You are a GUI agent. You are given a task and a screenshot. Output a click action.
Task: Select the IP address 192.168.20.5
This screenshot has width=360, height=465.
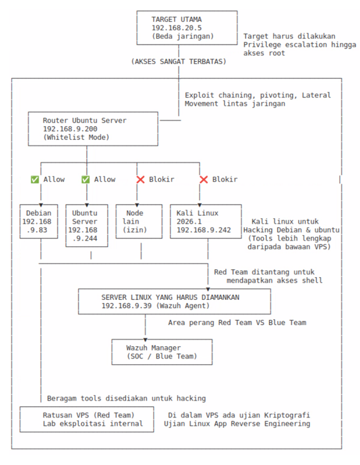coord(177,28)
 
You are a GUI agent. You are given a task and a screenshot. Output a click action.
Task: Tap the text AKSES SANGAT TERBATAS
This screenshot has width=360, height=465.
coord(179,61)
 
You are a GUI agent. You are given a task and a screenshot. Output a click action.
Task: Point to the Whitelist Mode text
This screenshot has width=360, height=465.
coord(76,138)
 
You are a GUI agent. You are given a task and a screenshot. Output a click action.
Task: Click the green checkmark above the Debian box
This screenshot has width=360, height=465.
coord(35,179)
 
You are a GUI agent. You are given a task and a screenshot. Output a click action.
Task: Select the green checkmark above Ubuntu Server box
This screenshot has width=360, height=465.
coord(86,179)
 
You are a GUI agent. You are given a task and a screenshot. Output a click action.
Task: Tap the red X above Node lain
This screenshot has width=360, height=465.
coord(140,179)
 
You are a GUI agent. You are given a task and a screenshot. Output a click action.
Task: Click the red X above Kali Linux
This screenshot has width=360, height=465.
coord(203,179)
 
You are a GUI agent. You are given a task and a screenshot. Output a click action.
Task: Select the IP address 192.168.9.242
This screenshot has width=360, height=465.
coord(204,230)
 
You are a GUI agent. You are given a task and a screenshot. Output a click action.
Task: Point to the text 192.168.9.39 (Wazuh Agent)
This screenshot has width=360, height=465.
coord(155,305)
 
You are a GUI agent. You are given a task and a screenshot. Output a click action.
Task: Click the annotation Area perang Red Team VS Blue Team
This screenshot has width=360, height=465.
coord(237,322)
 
